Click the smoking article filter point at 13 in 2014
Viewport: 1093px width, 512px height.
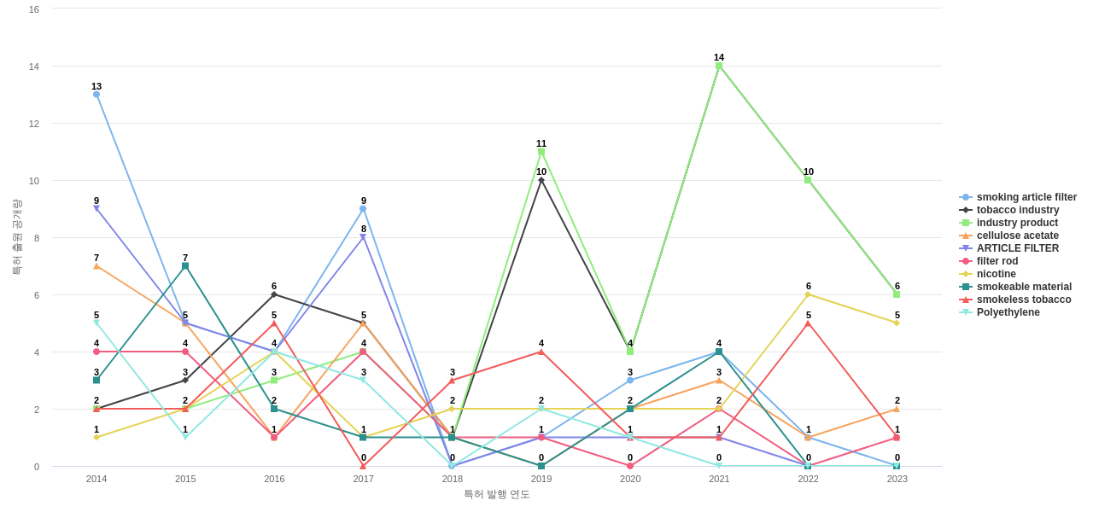[96, 95]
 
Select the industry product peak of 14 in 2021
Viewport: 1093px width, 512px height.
[719, 66]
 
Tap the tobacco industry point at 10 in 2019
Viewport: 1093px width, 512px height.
[541, 180]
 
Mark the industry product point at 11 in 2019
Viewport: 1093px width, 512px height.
[541, 152]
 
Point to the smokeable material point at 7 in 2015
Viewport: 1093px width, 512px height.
[185, 266]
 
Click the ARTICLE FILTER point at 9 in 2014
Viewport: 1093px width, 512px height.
[96, 208]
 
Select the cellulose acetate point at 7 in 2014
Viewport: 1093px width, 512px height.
[96, 266]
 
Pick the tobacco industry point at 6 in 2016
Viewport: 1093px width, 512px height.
[274, 294]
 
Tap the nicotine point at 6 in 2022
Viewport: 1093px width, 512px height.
[808, 294]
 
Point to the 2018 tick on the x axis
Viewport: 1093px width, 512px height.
[453, 479]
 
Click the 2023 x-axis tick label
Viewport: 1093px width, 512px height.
[897, 479]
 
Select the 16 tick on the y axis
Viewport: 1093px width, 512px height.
[34, 9]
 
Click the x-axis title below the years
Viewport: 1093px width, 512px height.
[497, 494]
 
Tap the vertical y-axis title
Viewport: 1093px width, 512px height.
[17, 237]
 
